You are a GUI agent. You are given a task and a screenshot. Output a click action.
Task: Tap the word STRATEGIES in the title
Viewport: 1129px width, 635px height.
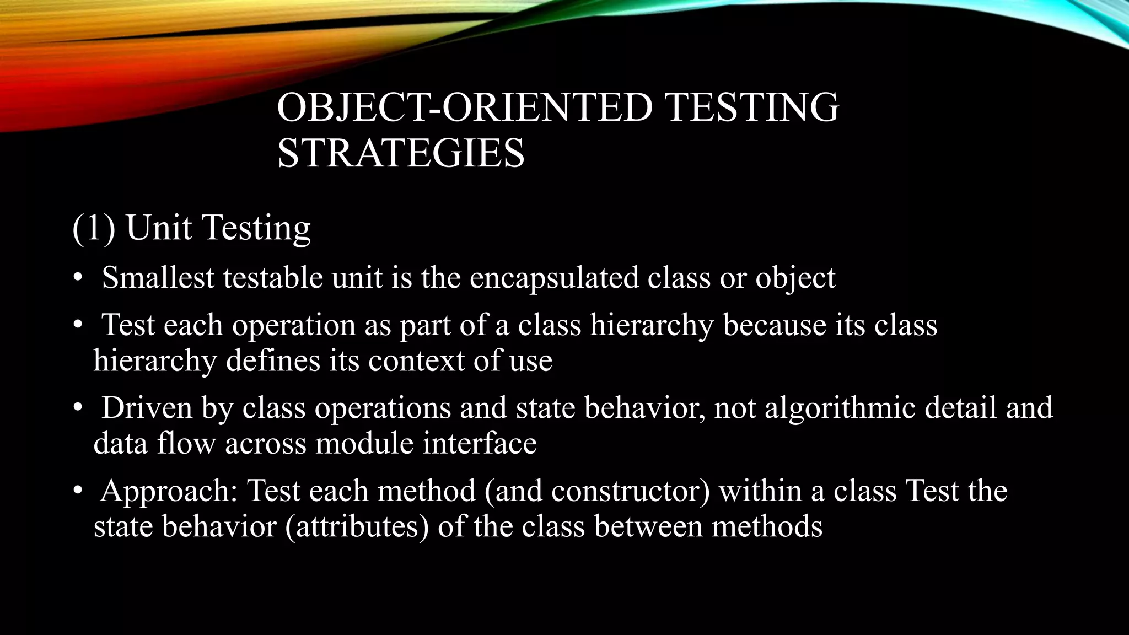pos(401,153)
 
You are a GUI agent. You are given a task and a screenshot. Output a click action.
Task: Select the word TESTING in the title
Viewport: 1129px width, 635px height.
pos(752,107)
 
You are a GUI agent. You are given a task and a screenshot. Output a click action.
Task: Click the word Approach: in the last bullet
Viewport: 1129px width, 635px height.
pos(169,491)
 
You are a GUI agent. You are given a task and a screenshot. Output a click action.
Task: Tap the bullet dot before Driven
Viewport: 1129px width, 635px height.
pos(78,408)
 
